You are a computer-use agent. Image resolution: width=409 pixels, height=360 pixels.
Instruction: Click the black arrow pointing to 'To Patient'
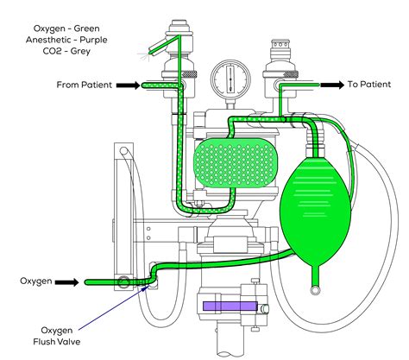332,85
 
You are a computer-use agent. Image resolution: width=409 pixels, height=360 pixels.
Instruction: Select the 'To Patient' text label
373,85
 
